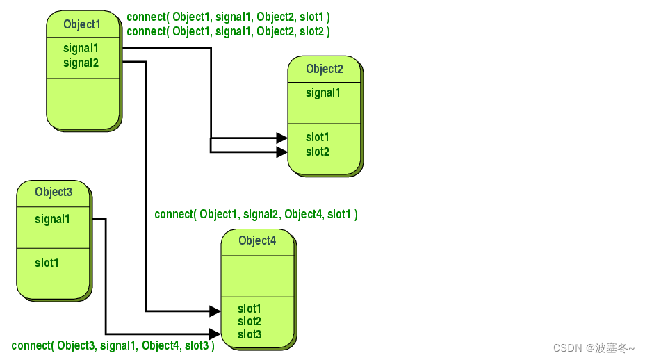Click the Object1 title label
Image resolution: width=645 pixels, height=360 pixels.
coord(82,24)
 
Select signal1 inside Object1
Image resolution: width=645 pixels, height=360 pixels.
coord(81,49)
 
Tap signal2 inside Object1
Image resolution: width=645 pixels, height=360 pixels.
coord(81,63)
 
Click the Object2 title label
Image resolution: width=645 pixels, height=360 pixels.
coord(325,69)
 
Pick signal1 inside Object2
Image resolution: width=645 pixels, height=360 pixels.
coord(323,92)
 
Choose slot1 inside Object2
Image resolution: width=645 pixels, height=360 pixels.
coord(318,137)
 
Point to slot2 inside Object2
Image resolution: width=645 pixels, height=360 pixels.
coord(318,152)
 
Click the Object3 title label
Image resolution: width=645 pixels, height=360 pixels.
coord(54,192)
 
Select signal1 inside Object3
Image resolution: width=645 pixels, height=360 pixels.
coord(52,219)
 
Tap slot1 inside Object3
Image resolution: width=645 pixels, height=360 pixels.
coord(47,263)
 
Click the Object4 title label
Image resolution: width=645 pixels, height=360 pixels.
coord(257,240)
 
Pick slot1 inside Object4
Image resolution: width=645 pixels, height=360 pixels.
coord(250,309)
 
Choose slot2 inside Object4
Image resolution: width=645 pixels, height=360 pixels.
coord(250,321)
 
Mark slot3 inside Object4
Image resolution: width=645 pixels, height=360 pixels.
coord(250,334)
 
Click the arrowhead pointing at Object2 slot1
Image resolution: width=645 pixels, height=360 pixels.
coord(281,138)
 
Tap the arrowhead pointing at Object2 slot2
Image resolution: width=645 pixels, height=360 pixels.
coord(281,152)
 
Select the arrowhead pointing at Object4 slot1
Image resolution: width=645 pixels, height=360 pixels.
coord(215,310)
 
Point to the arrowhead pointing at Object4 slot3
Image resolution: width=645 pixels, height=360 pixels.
coord(215,334)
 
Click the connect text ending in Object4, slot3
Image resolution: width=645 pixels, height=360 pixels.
coord(113,345)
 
